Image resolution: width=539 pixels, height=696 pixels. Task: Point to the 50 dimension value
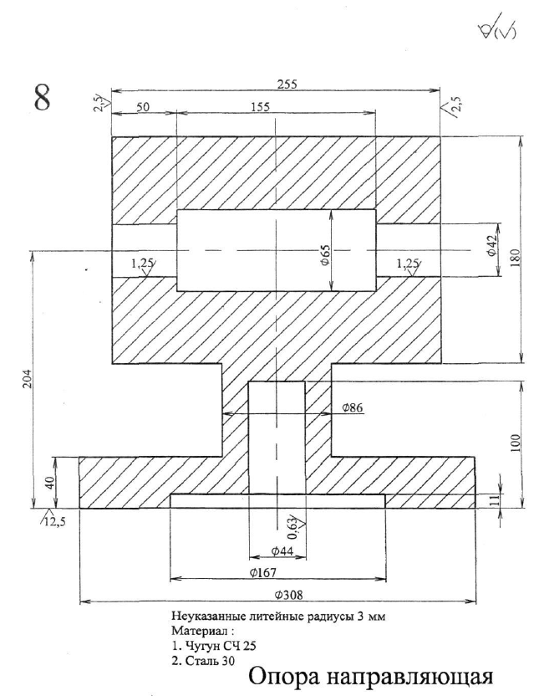(143, 107)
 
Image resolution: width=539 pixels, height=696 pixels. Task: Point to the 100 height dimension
(515, 444)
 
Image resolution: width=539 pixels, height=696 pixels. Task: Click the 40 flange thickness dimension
(49, 483)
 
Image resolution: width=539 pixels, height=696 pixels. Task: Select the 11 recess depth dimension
(493, 499)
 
